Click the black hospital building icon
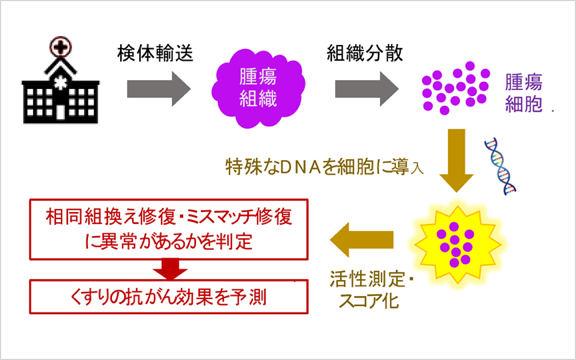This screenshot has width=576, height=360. tap(61, 88)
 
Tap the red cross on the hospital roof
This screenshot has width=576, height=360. tap(61, 47)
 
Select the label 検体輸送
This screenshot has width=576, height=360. tap(155, 53)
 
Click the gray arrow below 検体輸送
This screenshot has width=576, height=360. tap(159, 89)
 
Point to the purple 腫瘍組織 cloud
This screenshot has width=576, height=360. tap(258, 89)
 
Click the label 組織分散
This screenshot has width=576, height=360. tap(365, 53)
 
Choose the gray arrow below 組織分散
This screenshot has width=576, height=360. tap(367, 89)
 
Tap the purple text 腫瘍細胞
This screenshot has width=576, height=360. tap(523, 93)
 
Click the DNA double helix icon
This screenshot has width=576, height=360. tap(500, 166)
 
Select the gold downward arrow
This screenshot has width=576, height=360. tap(457, 160)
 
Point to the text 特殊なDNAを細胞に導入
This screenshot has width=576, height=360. tap(324, 168)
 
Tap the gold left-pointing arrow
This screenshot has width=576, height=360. tap(361, 240)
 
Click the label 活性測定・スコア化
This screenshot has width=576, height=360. tap(372, 290)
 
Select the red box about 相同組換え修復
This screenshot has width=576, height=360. tap(169, 229)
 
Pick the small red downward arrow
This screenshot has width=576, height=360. tap(170, 269)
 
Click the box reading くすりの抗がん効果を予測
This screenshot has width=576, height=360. tap(169, 297)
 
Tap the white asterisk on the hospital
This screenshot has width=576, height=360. tap(60, 83)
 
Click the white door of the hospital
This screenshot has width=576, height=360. tap(61, 112)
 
